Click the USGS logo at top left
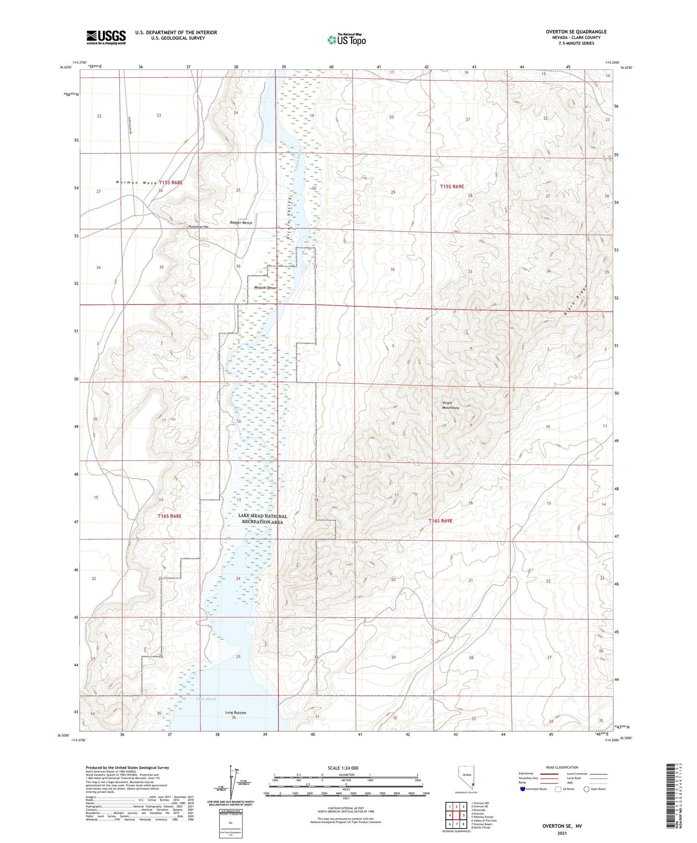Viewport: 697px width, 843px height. [106, 37]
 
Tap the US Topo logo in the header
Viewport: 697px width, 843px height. [347, 40]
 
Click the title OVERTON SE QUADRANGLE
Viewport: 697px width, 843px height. [576, 32]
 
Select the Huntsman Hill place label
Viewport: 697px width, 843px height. [198, 226]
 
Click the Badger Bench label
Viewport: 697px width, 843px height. [241, 223]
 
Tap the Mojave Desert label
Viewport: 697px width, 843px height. [265, 288]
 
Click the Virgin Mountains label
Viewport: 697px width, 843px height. [450, 405]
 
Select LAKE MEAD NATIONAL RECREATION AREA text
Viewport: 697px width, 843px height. [263, 519]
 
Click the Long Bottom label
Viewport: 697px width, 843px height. [236, 712]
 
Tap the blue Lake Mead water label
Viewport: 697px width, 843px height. [206, 699]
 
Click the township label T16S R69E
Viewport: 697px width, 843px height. [440, 521]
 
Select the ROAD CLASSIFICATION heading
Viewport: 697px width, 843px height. [562, 767]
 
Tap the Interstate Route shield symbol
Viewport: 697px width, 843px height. [523, 789]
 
